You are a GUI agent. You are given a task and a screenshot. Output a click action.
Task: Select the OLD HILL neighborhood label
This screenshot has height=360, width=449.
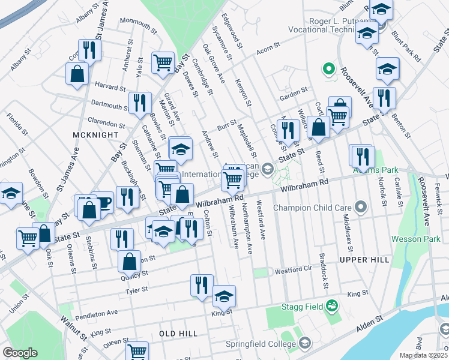[178, 332]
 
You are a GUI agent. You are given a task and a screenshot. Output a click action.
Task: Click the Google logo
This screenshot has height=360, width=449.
[20, 353]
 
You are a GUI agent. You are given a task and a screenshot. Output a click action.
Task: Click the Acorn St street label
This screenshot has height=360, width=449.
[269, 46]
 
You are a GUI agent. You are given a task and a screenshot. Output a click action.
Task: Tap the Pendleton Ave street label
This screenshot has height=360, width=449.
[97, 313]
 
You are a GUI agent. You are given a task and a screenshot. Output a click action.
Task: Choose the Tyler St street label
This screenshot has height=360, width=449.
[136, 291]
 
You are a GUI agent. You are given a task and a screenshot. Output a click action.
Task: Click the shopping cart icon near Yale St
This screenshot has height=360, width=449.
[163, 62]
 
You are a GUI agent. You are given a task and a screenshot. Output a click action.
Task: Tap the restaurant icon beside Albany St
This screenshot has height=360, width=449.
[89, 50]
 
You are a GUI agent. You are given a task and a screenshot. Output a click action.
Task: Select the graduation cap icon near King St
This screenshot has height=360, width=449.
[224, 296]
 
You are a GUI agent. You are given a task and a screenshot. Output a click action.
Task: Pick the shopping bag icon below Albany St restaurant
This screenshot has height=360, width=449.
[77, 74]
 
